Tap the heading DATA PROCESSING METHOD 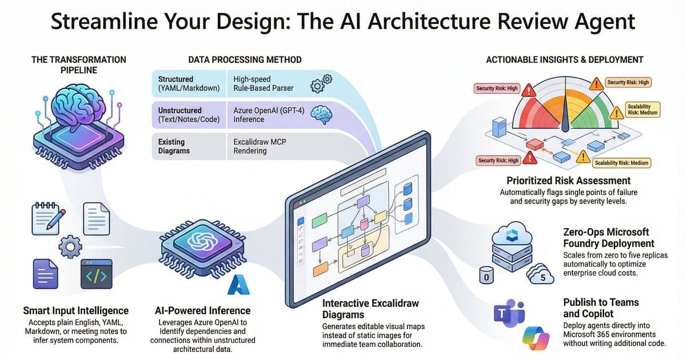point(245,59)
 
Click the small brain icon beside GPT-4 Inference point(318,115)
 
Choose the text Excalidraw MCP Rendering point(258,146)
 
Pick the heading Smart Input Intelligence point(76,311)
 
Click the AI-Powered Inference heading point(203,311)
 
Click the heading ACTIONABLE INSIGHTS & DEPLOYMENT point(564,59)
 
